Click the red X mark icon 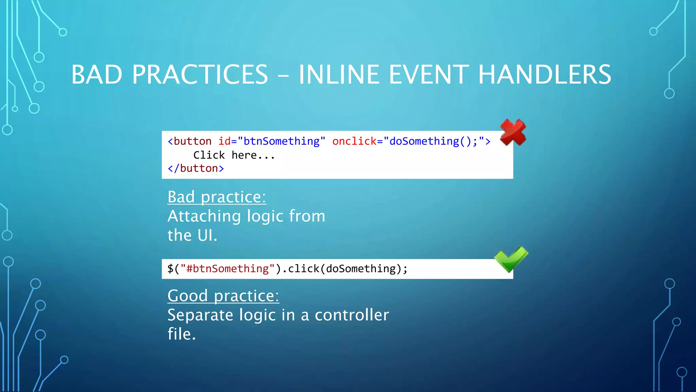[513, 132]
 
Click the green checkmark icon [511, 259]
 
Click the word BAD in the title [97, 75]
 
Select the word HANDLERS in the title [544, 75]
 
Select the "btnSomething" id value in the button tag [281, 141]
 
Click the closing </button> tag [196, 168]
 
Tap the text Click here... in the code [234, 155]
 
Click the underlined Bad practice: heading [217, 197]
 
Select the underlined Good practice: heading [223, 296]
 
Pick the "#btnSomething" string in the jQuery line [227, 269]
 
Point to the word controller [352, 315]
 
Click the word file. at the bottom [182, 334]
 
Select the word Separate [200, 315]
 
